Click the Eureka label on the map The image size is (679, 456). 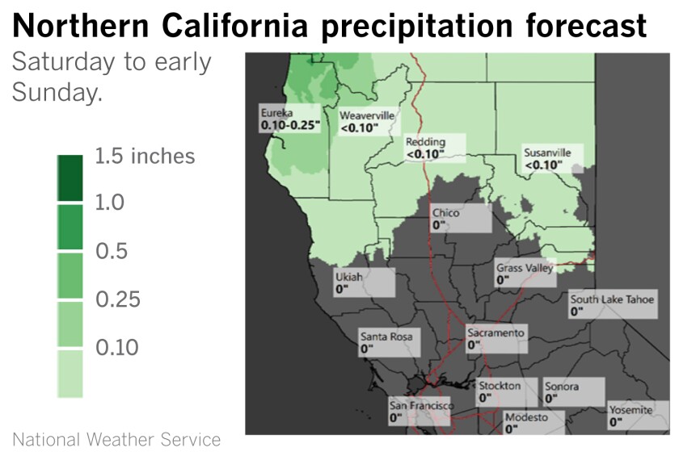click(290, 119)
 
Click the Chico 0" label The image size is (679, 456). click(459, 219)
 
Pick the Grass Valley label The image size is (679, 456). click(525, 274)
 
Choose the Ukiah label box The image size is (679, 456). click(363, 282)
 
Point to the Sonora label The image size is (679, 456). click(573, 391)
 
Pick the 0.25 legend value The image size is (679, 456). click(118, 299)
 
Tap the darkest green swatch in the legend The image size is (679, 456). click(70, 178)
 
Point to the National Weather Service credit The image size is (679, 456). click(116, 440)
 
